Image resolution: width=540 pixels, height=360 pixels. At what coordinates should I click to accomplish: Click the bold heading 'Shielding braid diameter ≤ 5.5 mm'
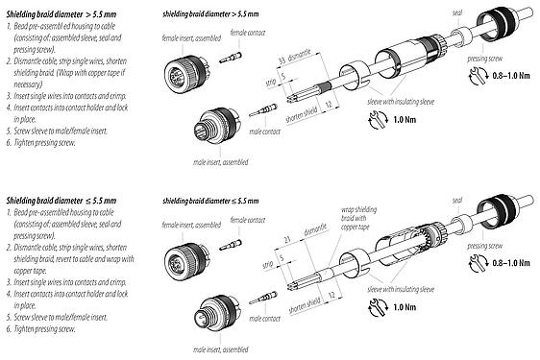pos(57,200)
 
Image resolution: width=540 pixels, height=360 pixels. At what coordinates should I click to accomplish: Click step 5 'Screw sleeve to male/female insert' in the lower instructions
pos(62,316)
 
